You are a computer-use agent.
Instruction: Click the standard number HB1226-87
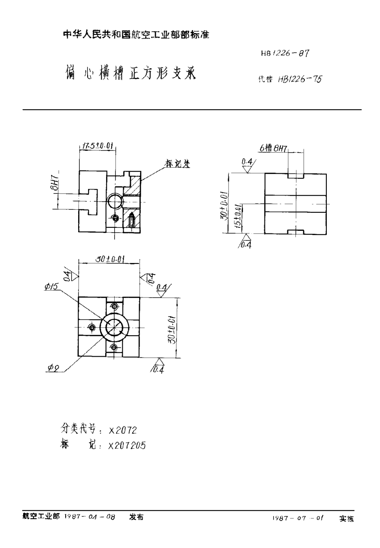coord(285,53)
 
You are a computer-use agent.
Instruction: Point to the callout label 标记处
coord(178,163)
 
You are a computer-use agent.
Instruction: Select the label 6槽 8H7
coord(273,149)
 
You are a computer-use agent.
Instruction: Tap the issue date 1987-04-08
coord(90,517)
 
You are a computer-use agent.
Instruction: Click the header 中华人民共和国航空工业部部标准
coord(136,35)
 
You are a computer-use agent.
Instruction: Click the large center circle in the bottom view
coord(114,328)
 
